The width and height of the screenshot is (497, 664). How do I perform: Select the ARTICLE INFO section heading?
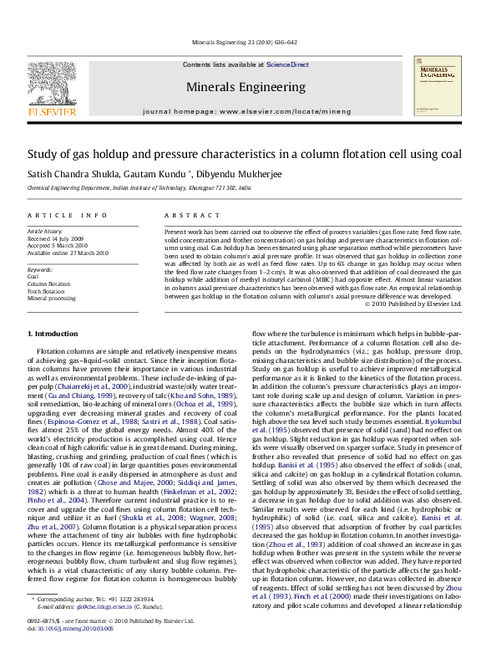67,216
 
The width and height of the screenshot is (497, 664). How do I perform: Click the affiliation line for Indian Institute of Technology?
139,189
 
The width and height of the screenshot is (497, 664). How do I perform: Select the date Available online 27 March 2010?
68,252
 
